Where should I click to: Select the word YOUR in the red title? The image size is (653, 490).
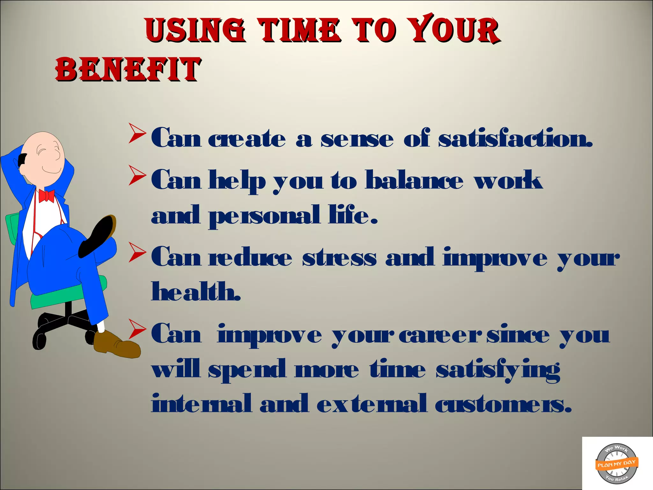click(454, 29)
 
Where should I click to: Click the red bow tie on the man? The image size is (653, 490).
click(46, 196)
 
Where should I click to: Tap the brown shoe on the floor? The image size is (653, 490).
click(116, 345)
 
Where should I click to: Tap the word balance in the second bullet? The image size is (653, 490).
click(414, 180)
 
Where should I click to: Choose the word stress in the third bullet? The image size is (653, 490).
click(339, 258)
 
